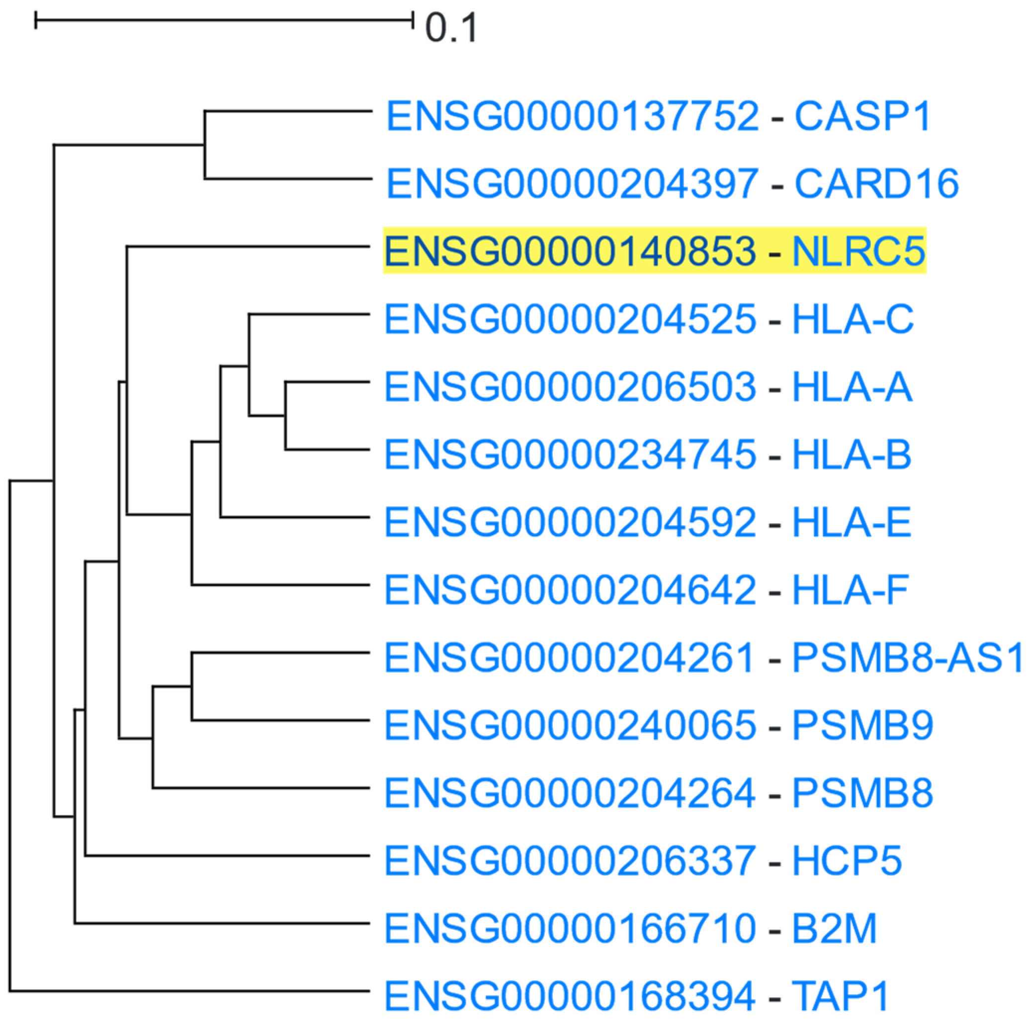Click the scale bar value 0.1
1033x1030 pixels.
451,28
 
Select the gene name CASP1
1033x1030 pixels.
863,116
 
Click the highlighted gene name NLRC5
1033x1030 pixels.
858,251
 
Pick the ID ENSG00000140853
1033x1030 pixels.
570,251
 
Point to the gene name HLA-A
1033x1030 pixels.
852,386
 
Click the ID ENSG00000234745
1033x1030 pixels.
570,454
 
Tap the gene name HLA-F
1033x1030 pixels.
850,590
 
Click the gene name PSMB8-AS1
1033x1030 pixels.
907,657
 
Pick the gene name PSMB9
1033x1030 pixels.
862,725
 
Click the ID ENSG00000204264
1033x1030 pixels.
570,792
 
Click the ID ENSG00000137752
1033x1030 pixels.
572,116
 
